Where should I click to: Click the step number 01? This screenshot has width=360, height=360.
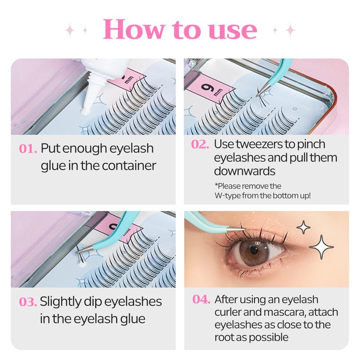[x=28, y=148]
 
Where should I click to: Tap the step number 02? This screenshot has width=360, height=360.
[x=200, y=144]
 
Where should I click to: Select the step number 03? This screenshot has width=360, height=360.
[x=28, y=301]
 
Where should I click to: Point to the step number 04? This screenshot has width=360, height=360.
[x=201, y=299]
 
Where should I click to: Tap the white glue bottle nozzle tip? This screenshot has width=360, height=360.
[x=85, y=112]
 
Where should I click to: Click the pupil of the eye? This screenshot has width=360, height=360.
[x=254, y=250]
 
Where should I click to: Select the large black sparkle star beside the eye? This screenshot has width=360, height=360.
[x=321, y=247]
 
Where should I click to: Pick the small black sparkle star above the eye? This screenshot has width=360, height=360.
[x=303, y=227]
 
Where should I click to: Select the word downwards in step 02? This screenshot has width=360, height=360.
[x=244, y=171]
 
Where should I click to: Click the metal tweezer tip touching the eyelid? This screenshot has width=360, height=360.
[x=242, y=229]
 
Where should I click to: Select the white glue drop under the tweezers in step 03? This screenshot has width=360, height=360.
[x=81, y=265]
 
